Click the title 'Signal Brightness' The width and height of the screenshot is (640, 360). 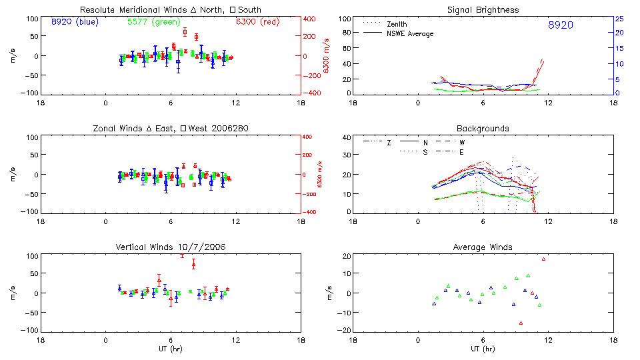(x=483, y=10)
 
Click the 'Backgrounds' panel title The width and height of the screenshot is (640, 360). (x=483, y=128)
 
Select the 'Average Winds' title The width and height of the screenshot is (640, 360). (x=483, y=247)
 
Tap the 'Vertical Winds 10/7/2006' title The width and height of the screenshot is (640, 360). (x=170, y=247)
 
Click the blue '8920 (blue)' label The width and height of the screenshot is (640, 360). (x=74, y=22)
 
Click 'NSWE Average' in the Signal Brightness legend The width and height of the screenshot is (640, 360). (x=410, y=33)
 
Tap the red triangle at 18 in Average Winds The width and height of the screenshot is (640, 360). (x=543, y=259)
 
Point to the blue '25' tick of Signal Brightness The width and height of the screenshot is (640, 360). (x=618, y=19)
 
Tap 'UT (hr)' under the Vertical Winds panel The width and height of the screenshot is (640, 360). (x=170, y=349)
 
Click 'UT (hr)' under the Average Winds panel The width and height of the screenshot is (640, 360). (x=483, y=349)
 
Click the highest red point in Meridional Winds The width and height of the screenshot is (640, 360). (x=185, y=31)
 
